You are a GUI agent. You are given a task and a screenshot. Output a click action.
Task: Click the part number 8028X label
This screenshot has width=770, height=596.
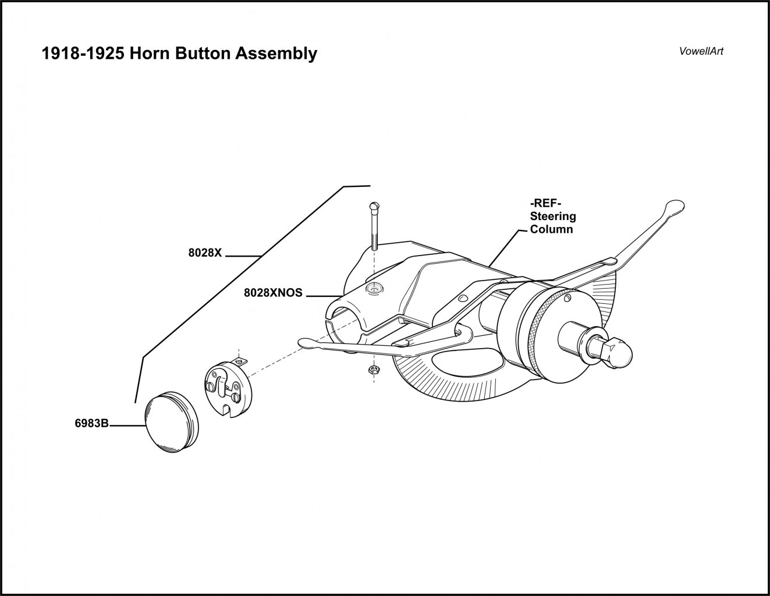tap(205, 254)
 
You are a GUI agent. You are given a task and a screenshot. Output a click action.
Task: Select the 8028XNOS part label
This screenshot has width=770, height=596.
tap(273, 293)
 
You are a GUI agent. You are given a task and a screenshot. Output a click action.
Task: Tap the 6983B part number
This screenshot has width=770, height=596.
tap(92, 424)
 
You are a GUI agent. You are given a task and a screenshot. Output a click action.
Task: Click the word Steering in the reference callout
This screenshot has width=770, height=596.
tap(552, 217)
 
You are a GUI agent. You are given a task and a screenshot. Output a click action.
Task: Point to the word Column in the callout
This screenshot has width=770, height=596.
tap(551, 229)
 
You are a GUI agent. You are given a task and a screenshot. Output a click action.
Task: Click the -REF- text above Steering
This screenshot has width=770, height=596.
tap(545, 204)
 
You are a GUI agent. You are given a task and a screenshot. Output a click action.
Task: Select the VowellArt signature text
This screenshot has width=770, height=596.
tap(701, 51)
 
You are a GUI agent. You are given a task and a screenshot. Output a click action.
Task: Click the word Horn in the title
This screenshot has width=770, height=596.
tap(149, 54)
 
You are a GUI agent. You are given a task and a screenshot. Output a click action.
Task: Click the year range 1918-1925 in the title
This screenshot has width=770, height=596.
tap(82, 54)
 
